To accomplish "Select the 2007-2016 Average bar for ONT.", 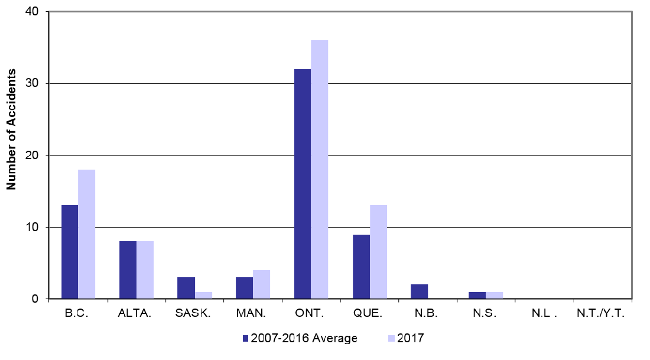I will [x=302, y=184].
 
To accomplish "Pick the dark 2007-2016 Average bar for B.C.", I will [x=69, y=252].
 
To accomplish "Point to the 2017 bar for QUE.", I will [x=378, y=252].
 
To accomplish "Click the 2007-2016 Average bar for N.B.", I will [x=419, y=291].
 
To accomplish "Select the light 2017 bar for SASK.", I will [x=203, y=295].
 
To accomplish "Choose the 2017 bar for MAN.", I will [x=261, y=284].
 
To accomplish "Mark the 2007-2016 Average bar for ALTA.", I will [x=128, y=270].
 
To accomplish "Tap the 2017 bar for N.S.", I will [x=494, y=295].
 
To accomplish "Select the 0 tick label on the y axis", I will [x=36, y=299].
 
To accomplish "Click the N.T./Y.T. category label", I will [x=601, y=314].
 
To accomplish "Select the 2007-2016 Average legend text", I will [x=304, y=339].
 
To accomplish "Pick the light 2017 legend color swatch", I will [x=391, y=339].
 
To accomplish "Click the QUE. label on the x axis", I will [x=369, y=314].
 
